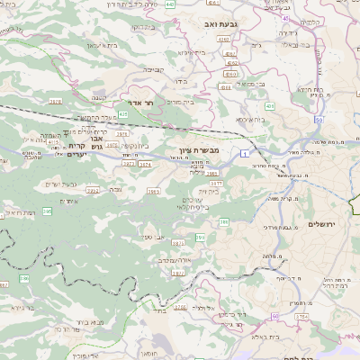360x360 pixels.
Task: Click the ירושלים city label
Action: click(x=321, y=224)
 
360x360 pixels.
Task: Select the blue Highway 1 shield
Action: click(x=244, y=154)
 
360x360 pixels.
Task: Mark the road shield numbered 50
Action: click(x=319, y=119)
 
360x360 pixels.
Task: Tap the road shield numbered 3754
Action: click(x=302, y=316)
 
